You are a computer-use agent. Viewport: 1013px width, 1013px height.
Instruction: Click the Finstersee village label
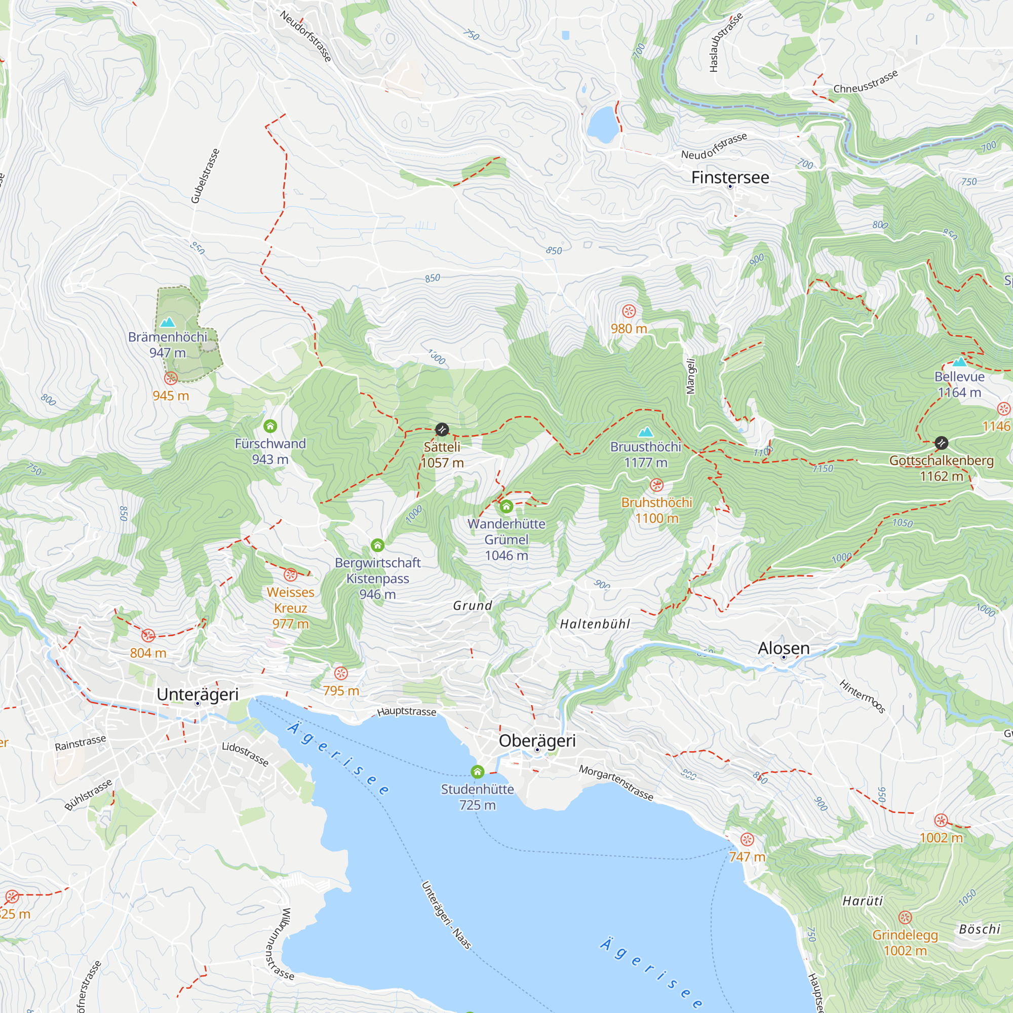(730, 178)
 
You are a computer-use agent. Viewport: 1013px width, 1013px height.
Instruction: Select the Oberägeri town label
(537, 741)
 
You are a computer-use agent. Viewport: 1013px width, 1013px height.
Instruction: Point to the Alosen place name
(784, 648)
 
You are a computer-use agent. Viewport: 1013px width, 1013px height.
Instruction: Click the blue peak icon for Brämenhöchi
(167, 322)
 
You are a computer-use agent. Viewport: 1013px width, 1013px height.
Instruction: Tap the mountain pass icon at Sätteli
(442, 430)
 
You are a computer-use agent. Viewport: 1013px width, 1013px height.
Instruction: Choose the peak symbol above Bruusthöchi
(645, 432)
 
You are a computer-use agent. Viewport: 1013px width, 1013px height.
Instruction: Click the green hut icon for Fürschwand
(270, 426)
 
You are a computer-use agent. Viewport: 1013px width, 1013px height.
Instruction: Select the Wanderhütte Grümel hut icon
(506, 506)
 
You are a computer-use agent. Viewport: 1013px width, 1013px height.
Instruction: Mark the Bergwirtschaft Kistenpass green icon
(377, 546)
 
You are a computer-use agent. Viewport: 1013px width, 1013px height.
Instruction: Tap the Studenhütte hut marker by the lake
(477, 772)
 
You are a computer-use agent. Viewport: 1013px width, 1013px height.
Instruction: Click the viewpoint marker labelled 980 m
(629, 311)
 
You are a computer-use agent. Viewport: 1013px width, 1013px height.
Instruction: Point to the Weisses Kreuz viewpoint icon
(290, 575)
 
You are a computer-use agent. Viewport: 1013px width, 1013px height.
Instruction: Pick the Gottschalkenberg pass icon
(941, 443)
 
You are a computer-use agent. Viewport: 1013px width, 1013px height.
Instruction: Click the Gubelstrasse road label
(205, 176)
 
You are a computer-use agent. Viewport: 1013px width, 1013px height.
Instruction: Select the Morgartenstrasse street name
(616, 784)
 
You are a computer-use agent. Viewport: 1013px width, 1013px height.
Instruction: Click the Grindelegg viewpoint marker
(905, 917)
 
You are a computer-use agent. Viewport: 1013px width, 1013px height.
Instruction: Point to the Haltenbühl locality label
(595, 624)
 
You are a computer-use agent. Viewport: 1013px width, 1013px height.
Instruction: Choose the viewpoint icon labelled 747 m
(747, 839)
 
